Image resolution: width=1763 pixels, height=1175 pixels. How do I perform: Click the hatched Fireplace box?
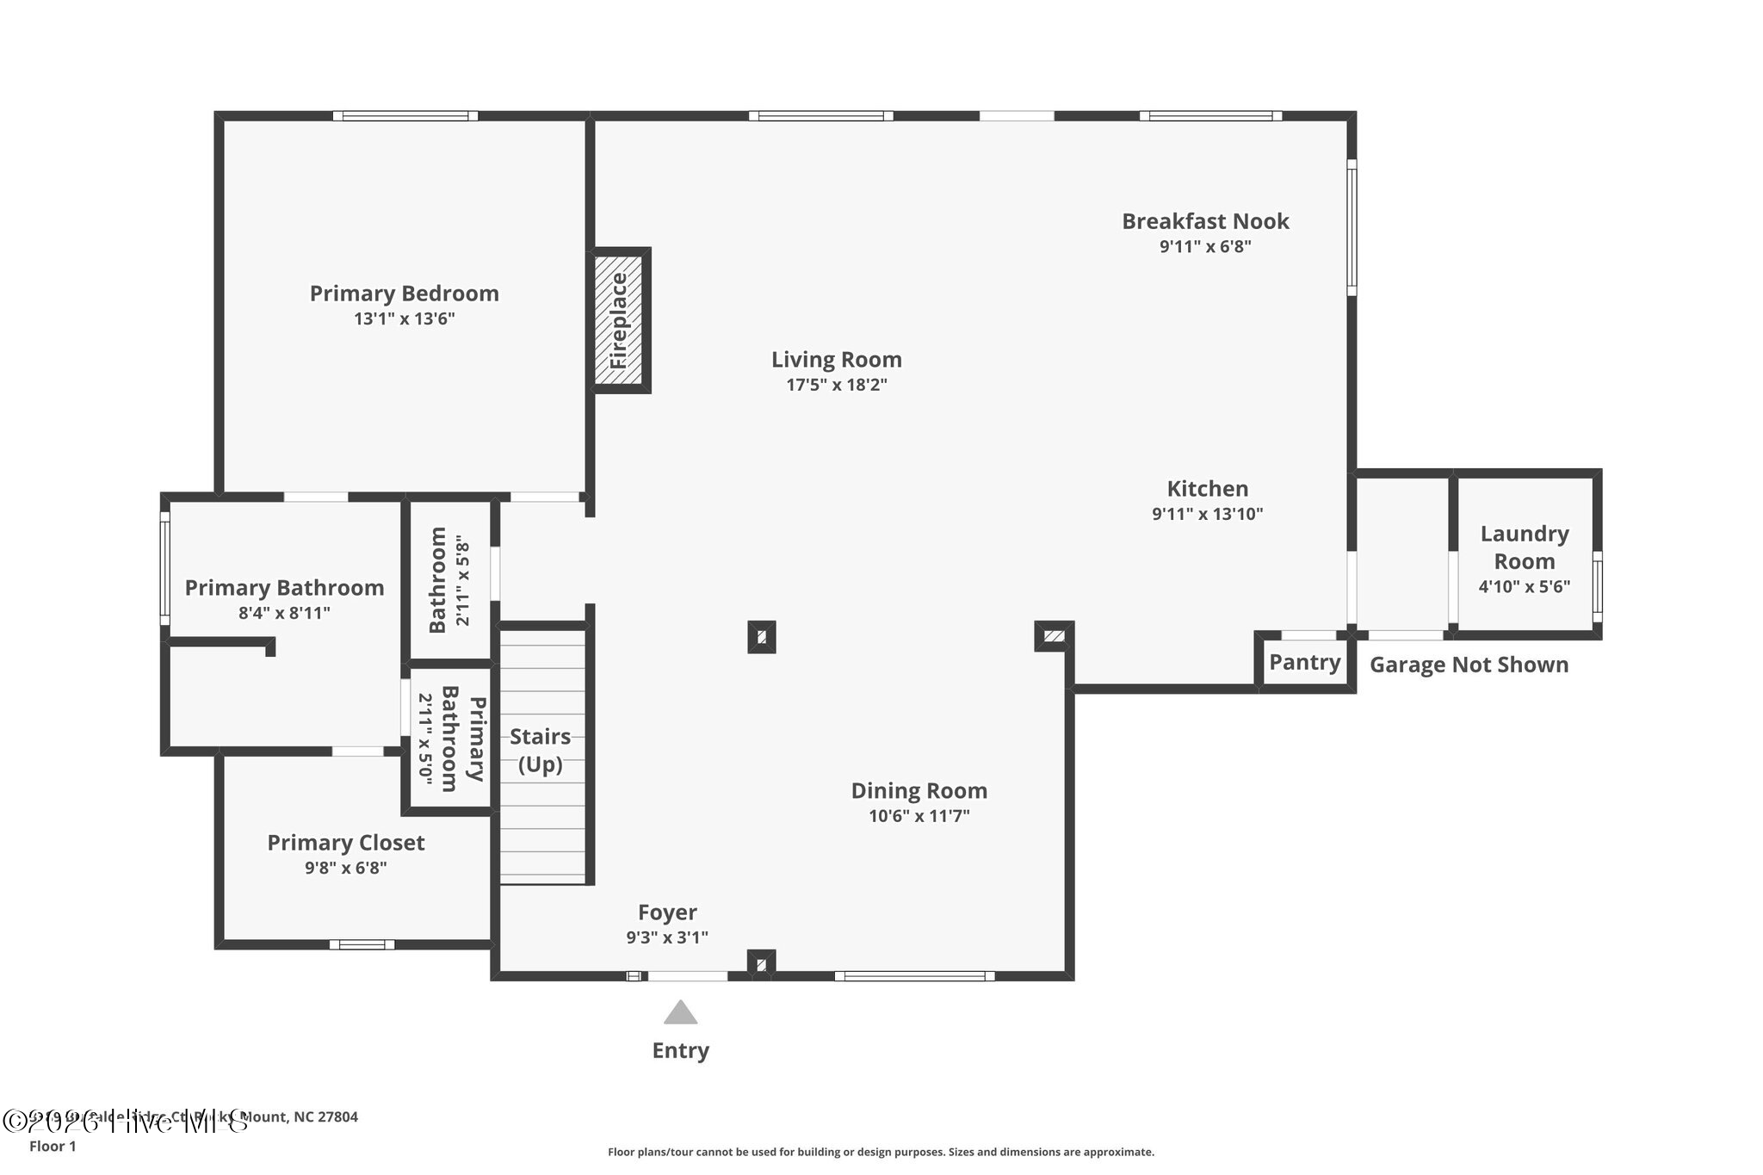point(619,319)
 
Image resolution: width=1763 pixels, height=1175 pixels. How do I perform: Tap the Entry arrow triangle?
point(680,1012)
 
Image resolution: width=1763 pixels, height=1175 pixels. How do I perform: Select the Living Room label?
point(836,360)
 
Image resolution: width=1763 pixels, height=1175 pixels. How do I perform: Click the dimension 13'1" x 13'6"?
point(404,319)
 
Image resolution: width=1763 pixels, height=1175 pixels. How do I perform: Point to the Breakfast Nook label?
point(1204,221)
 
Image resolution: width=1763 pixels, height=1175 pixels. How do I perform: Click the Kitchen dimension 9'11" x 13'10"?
point(1207,515)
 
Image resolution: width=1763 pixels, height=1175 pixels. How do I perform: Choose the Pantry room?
point(1304,662)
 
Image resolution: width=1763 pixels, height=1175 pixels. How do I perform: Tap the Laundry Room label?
point(1524,547)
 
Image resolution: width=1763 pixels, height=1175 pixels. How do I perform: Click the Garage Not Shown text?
point(1469,665)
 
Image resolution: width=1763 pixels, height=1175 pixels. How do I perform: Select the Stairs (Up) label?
point(540,750)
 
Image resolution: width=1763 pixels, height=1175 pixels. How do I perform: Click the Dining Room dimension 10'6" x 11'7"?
point(919,816)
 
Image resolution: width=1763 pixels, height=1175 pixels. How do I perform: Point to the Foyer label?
point(667,912)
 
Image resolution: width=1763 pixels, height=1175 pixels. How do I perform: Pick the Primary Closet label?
point(345,843)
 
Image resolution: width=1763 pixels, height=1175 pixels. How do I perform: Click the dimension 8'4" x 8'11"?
point(284,614)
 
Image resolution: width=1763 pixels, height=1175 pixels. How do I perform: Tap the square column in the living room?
point(761,637)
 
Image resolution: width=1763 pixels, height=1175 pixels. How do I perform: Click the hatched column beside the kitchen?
point(1054,636)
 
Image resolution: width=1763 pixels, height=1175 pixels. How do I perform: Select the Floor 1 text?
point(53,1147)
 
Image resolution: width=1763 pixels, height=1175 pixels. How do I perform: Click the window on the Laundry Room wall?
point(1597,586)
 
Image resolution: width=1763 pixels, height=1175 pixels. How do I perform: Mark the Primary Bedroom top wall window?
point(405,115)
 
